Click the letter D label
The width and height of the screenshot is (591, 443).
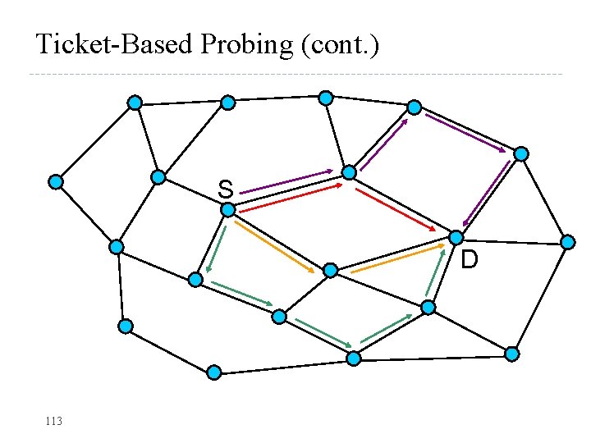coord(469,261)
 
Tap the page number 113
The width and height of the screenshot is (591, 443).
coord(54,421)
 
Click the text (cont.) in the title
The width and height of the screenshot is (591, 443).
coord(340,44)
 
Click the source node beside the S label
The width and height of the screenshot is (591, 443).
coord(228,210)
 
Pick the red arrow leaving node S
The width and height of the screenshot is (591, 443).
coord(291,198)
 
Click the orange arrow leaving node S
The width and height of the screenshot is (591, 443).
coord(275,244)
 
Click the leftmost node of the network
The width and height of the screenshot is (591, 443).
coord(55,182)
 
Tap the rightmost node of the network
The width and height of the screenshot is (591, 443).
coord(568,242)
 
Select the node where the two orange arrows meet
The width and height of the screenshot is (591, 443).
coord(330,271)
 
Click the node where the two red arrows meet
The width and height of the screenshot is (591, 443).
coord(350,173)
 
